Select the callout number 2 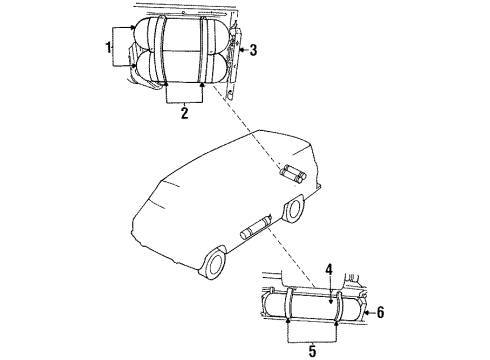[183, 115]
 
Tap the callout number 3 [254, 49]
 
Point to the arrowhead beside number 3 [239, 48]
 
